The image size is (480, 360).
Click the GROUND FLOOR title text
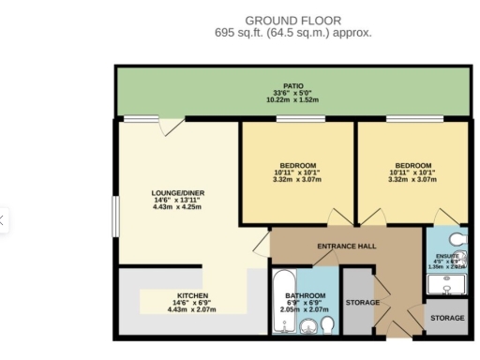tap(292, 21)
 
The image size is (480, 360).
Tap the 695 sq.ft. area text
tap(292, 33)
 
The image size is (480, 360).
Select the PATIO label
tap(293, 86)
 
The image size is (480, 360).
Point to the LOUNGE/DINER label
tap(176, 194)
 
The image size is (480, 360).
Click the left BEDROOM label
tap(297, 165)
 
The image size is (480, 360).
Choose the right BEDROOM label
tap(413, 165)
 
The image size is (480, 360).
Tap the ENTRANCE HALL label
tap(346, 246)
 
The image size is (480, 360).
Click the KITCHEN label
tap(192, 295)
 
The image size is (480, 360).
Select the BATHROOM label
tap(306, 295)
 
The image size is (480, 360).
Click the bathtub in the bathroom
tap(282, 301)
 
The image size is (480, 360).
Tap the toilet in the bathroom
tap(327, 323)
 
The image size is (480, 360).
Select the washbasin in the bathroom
tap(307, 326)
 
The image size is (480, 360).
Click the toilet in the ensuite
tap(457, 238)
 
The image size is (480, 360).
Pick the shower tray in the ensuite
tap(446, 285)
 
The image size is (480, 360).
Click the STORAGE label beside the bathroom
tap(362, 303)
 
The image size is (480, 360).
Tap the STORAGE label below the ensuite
tap(447, 319)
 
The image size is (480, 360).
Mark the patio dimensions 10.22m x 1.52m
tap(293, 100)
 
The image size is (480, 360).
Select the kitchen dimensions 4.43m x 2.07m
tap(192, 309)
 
